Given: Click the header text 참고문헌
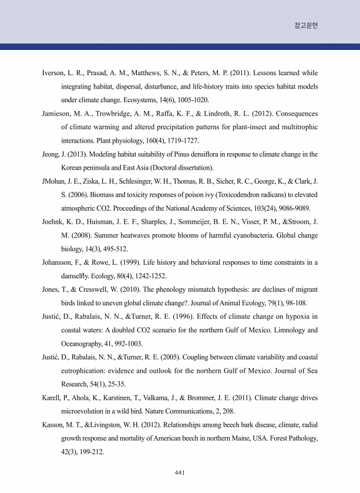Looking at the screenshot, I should click(x=306, y=26).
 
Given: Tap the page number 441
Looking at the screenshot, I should click(x=180, y=472).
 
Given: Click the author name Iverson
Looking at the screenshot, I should click(x=55, y=73).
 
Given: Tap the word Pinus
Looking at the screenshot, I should click(x=181, y=154).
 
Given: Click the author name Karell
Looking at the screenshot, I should click(x=53, y=397).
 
